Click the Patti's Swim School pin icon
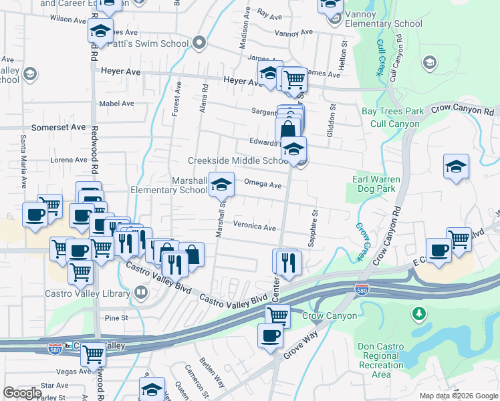(199, 44)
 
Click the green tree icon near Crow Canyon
(419, 313)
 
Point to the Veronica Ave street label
(254, 227)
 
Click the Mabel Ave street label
(116, 104)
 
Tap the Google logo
(22, 393)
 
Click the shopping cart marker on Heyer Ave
(294, 80)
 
